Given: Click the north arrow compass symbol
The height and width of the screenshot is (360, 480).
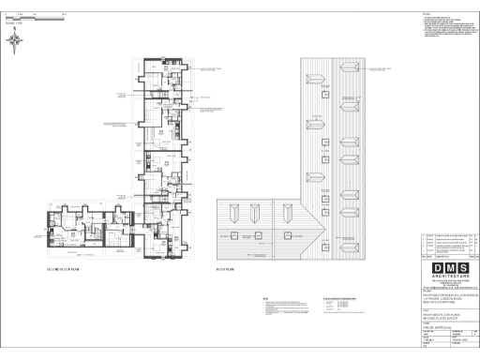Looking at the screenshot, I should (x=16, y=38).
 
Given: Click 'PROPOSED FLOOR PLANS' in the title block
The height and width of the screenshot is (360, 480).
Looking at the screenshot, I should (x=442, y=316).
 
